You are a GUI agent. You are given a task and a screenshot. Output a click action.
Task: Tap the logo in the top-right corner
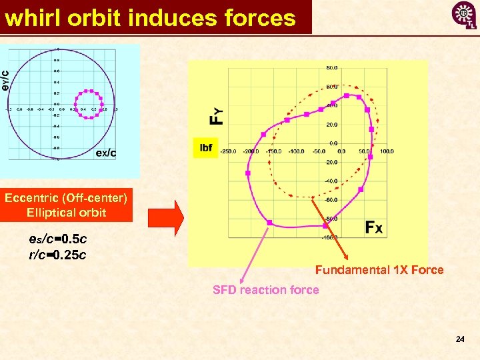[464, 15]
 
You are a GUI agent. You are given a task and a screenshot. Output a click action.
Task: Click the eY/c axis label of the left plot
[5, 81]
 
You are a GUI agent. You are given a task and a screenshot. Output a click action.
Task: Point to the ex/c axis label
[106, 153]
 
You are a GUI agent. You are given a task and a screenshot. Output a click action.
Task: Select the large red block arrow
[165, 217]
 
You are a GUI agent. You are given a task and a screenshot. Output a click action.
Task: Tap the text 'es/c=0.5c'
[58, 239]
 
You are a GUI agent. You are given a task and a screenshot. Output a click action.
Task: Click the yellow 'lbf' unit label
[206, 147]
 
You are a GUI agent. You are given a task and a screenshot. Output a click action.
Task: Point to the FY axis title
[217, 117]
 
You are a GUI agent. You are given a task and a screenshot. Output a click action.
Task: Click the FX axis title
[374, 228]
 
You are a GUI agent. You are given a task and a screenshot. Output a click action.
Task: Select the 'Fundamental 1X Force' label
[379, 270]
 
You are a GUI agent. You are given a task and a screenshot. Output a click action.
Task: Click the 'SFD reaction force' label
[265, 289]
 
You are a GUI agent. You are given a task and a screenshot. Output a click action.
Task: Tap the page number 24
[459, 339]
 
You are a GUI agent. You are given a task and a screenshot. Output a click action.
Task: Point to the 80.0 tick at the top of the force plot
[331, 68]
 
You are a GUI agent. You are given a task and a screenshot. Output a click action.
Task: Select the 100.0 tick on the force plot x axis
[387, 151]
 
